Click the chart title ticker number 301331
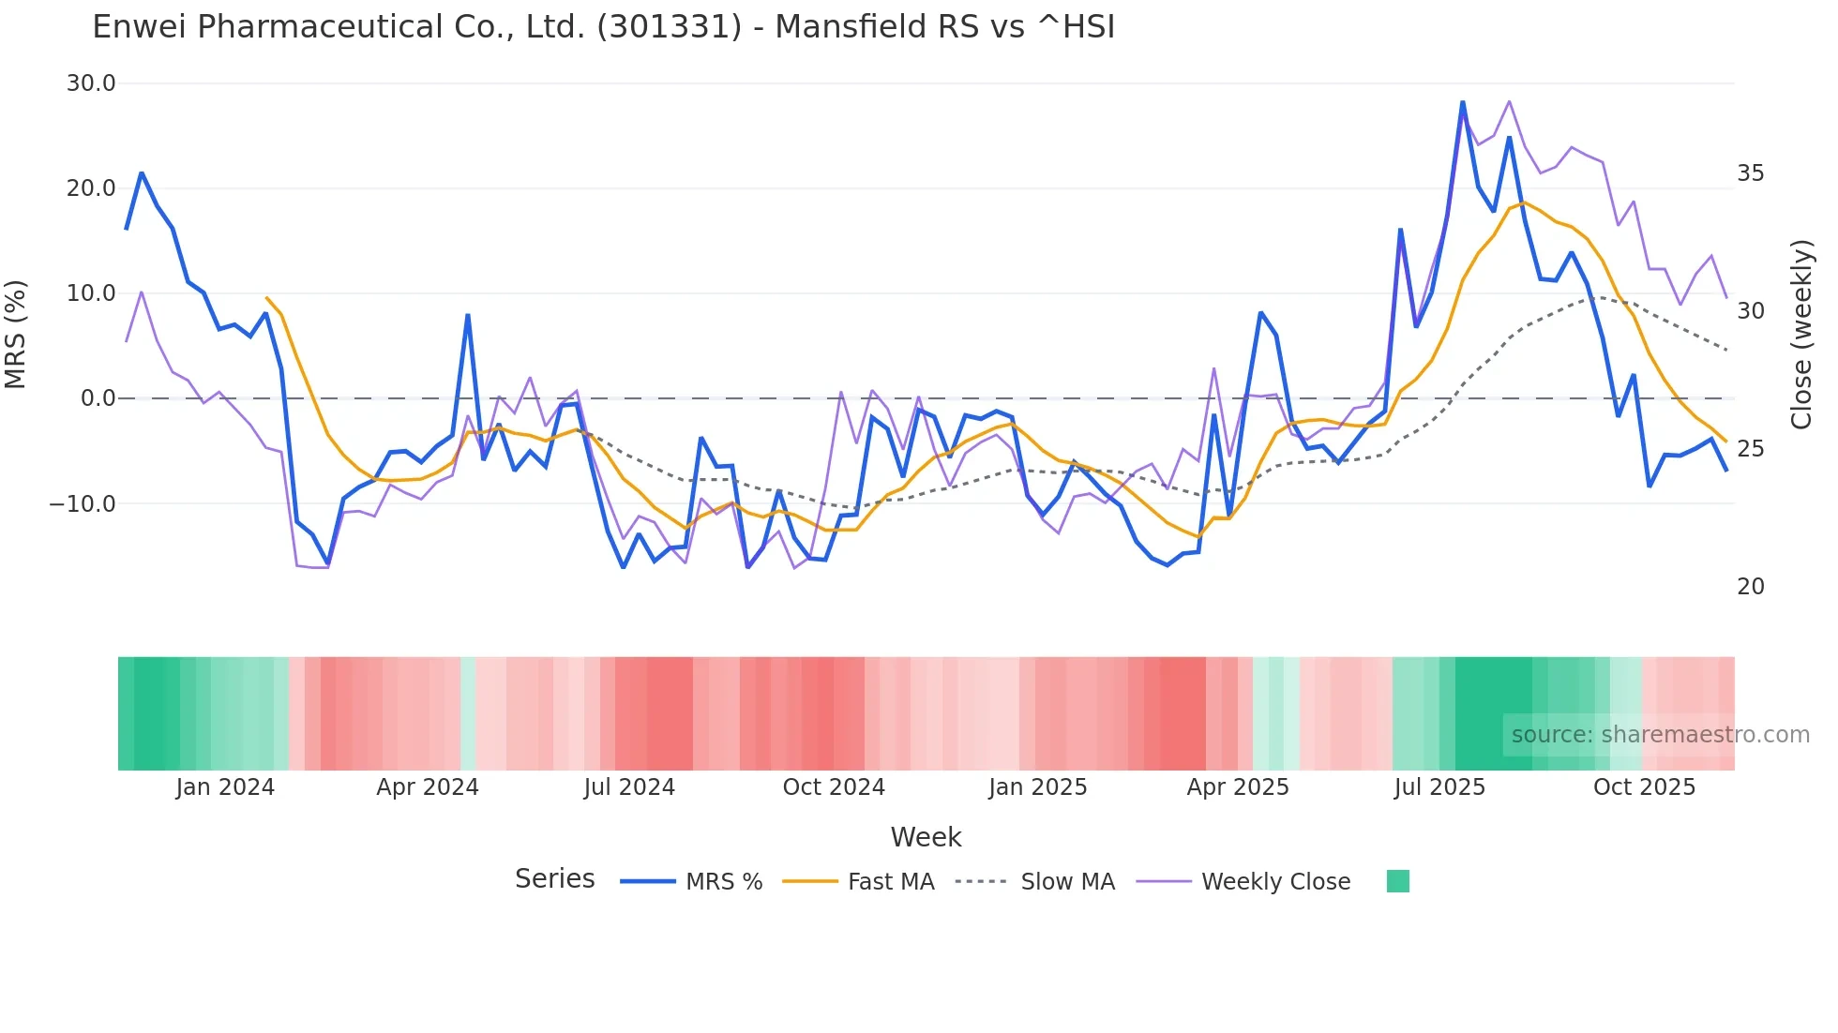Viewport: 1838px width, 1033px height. [669, 27]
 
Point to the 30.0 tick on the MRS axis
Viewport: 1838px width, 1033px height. [91, 83]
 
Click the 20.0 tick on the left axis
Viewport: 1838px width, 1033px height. [91, 188]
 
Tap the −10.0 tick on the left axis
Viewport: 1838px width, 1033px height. [83, 503]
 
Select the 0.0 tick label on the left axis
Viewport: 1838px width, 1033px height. [98, 398]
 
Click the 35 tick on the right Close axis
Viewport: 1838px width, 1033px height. [1750, 173]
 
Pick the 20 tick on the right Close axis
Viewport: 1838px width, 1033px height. [1750, 587]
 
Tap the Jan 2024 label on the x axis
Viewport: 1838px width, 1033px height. [225, 787]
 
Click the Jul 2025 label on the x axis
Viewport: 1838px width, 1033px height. [1439, 787]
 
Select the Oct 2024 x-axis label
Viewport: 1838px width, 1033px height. [834, 787]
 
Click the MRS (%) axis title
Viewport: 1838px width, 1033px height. [16, 335]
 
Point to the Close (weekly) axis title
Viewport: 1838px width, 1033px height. [1801, 335]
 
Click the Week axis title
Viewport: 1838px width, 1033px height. [926, 837]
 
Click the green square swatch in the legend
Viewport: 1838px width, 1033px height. [1397, 881]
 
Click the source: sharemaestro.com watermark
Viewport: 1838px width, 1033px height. [1660, 735]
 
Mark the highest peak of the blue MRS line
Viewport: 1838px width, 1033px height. [1463, 102]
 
